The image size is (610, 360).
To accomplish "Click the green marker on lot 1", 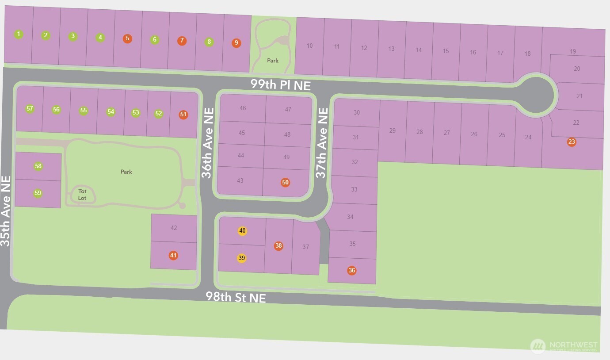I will tap(18, 34).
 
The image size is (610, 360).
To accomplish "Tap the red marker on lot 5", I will tap(127, 38).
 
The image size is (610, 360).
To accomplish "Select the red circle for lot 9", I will tap(236, 43).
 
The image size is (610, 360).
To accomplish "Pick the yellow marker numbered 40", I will tap(242, 231).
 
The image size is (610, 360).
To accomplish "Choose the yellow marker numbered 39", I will tap(241, 258).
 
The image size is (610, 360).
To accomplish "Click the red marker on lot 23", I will tap(572, 142).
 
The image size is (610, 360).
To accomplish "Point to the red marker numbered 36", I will tap(351, 271).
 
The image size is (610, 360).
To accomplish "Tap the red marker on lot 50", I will tap(285, 182).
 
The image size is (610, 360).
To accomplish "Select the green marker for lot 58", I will tap(38, 166).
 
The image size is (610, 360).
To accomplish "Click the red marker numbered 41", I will tap(173, 255).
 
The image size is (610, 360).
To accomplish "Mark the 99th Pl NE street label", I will tap(281, 84).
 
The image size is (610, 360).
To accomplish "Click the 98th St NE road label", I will tap(236, 297).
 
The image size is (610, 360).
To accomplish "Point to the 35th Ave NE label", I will tap(6, 211).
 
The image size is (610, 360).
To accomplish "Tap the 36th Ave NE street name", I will tap(208, 143).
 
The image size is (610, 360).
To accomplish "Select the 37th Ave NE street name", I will tap(322, 143).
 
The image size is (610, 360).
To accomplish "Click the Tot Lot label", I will tap(82, 195).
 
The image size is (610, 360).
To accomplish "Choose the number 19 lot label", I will tap(573, 51).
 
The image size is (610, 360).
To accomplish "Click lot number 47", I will tap(288, 109).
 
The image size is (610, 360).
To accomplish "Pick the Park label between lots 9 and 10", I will tap(273, 61).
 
